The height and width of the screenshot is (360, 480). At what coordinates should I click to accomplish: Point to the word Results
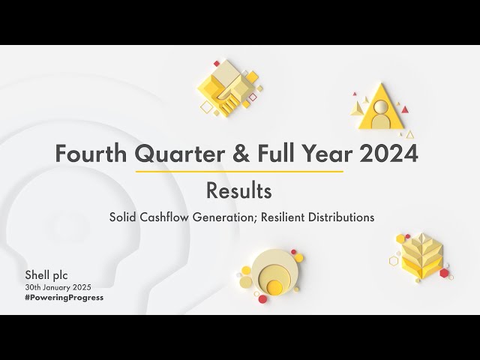239,191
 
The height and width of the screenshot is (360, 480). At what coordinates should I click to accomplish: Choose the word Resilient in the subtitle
286,217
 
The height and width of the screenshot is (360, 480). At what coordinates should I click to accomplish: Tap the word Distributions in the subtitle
342,217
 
